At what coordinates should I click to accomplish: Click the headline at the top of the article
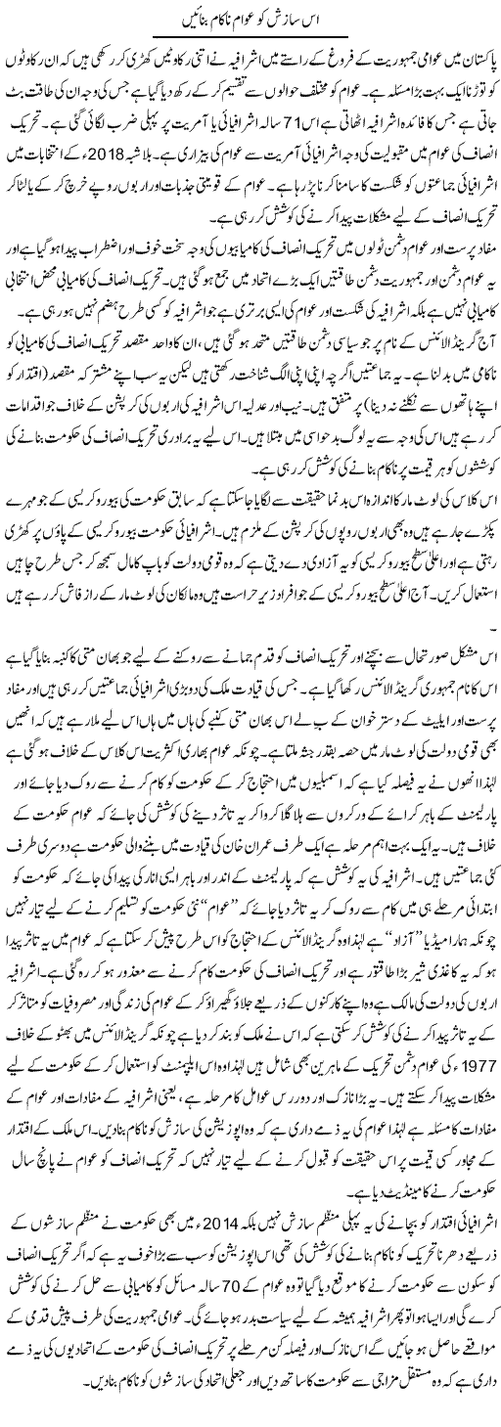pos(250,18)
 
